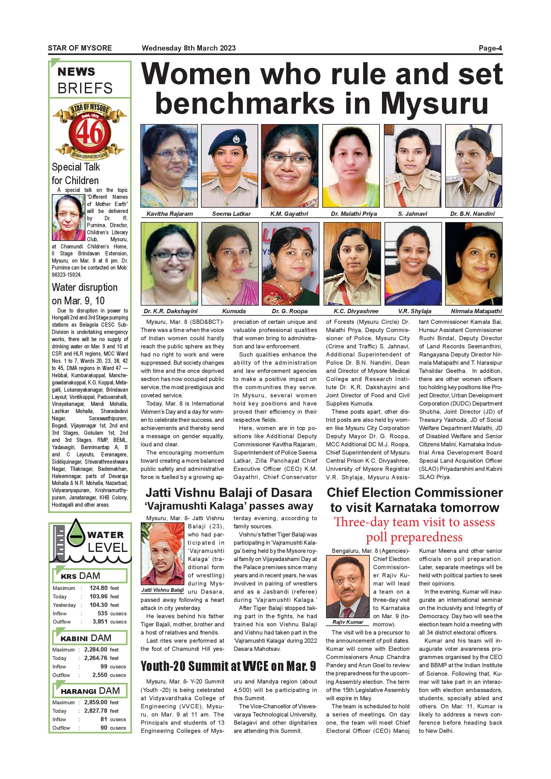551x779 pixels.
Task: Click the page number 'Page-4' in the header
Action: tap(490, 48)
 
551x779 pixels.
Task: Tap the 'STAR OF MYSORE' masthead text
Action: tap(80, 48)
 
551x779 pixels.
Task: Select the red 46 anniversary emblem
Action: tap(90, 132)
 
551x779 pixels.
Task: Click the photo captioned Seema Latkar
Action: tap(230, 166)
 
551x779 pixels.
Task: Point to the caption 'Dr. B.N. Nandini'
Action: tap(472, 214)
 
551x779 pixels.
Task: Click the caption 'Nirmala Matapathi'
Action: tap(476, 311)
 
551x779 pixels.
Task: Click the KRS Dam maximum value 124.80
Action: tap(98, 588)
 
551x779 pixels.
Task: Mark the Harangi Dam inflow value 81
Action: tap(104, 719)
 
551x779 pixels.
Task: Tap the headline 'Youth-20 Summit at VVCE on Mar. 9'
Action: tap(228, 666)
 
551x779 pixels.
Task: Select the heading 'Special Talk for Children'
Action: tap(76, 173)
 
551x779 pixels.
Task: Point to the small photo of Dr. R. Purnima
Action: tap(68, 217)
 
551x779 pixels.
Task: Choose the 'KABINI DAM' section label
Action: tap(85, 638)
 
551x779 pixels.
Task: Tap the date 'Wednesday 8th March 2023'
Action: tap(189, 48)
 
